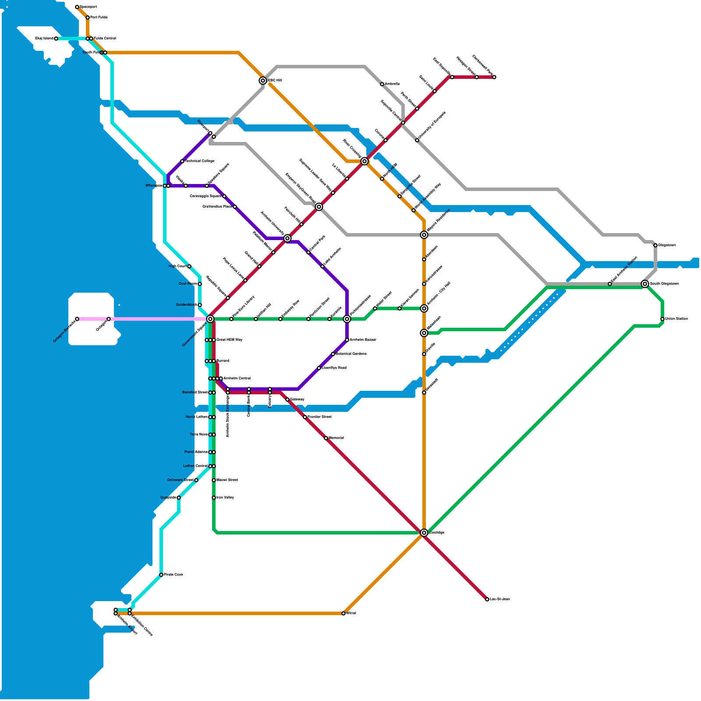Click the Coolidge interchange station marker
pos(424,533)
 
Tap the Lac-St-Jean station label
pos(500,599)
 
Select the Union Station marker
pos(662,319)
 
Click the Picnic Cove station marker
pos(161,575)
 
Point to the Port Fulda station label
pos(99,18)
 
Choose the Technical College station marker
pos(182,161)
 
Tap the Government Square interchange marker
pos(210,319)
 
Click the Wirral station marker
pos(343,613)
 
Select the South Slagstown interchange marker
pos(644,284)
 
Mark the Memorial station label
pos(336,438)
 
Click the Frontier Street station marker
pos(305,417)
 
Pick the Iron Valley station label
pos(225,498)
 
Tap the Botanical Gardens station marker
pos(333,354)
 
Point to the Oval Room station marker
pos(200,284)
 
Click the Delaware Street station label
pos(181,480)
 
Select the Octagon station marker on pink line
pos(109,319)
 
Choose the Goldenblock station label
pos(186,305)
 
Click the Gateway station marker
pos(287,400)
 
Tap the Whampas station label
pos(154,186)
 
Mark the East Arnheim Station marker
pos(610,284)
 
